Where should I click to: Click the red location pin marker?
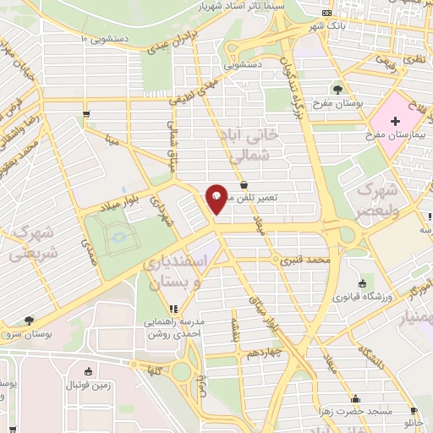(x=217, y=199)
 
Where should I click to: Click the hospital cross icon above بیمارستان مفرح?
(x=396, y=122)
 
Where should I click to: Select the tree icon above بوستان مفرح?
(x=338, y=89)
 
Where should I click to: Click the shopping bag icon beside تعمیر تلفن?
(x=244, y=184)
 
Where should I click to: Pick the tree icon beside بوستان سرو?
(x=29, y=321)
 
